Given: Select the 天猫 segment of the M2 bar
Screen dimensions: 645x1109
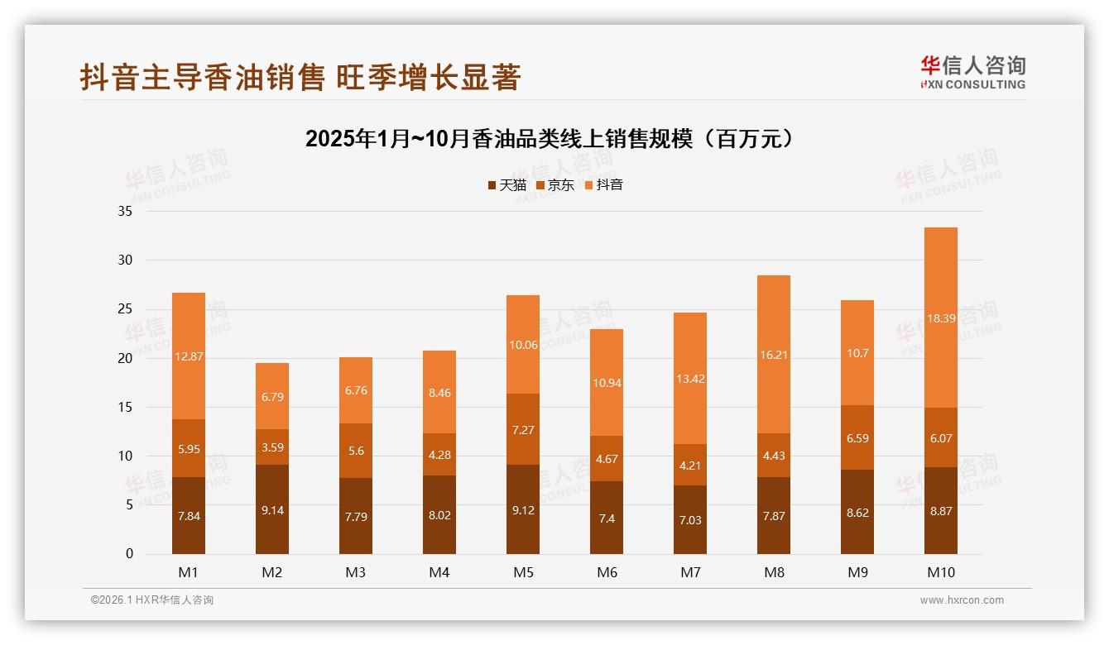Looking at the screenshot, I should (x=272, y=509).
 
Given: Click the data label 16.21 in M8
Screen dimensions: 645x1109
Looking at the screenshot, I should (x=774, y=355).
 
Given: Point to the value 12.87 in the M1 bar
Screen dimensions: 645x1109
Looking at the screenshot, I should (x=189, y=356).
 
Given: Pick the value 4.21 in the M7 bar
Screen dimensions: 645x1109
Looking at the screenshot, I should (x=690, y=466).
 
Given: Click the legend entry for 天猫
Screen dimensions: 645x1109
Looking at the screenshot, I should (x=507, y=185).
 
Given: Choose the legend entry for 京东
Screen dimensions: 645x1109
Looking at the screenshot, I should (x=555, y=185).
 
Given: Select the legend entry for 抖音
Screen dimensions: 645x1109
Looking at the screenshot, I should (x=604, y=185).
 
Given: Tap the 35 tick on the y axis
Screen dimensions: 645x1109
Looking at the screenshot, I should (x=125, y=211).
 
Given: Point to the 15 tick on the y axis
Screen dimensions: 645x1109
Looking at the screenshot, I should (x=125, y=407).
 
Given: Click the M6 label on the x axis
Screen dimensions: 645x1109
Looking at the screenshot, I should (x=607, y=572).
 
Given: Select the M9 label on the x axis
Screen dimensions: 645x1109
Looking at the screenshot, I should (x=857, y=572).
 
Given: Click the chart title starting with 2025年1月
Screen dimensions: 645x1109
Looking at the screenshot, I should (x=554, y=138).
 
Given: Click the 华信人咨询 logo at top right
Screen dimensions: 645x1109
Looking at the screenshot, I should (x=973, y=73).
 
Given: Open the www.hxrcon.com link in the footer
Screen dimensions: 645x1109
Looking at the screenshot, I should (x=962, y=600).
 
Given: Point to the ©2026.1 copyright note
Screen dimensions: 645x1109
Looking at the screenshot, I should (x=152, y=600).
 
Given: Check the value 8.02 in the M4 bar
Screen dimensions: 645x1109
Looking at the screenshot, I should (x=439, y=514).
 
